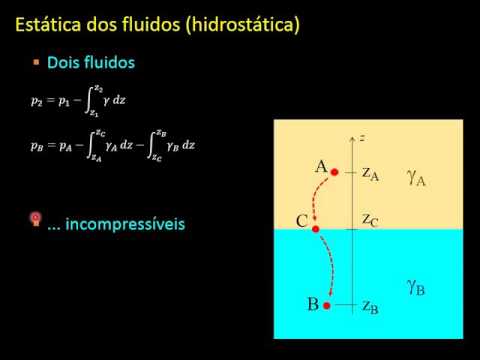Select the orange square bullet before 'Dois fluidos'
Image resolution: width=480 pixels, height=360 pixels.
point(36,62)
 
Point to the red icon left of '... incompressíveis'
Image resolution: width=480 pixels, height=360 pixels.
point(36,220)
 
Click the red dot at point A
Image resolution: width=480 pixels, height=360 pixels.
point(335,171)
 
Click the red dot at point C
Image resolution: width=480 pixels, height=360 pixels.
point(316,229)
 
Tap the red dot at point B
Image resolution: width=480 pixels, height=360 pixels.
point(326,305)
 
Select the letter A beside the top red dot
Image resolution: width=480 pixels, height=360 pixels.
point(321,167)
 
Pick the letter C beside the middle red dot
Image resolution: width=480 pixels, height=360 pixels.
point(302,221)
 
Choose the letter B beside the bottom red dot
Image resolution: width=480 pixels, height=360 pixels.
point(313,301)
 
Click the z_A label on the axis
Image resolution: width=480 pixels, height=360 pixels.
point(370,175)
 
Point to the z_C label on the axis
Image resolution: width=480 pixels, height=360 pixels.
point(370,219)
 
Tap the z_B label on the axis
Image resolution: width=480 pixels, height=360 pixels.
point(370,306)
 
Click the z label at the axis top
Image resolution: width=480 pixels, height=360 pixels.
point(362,134)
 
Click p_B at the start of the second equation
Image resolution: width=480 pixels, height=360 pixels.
point(37,145)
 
